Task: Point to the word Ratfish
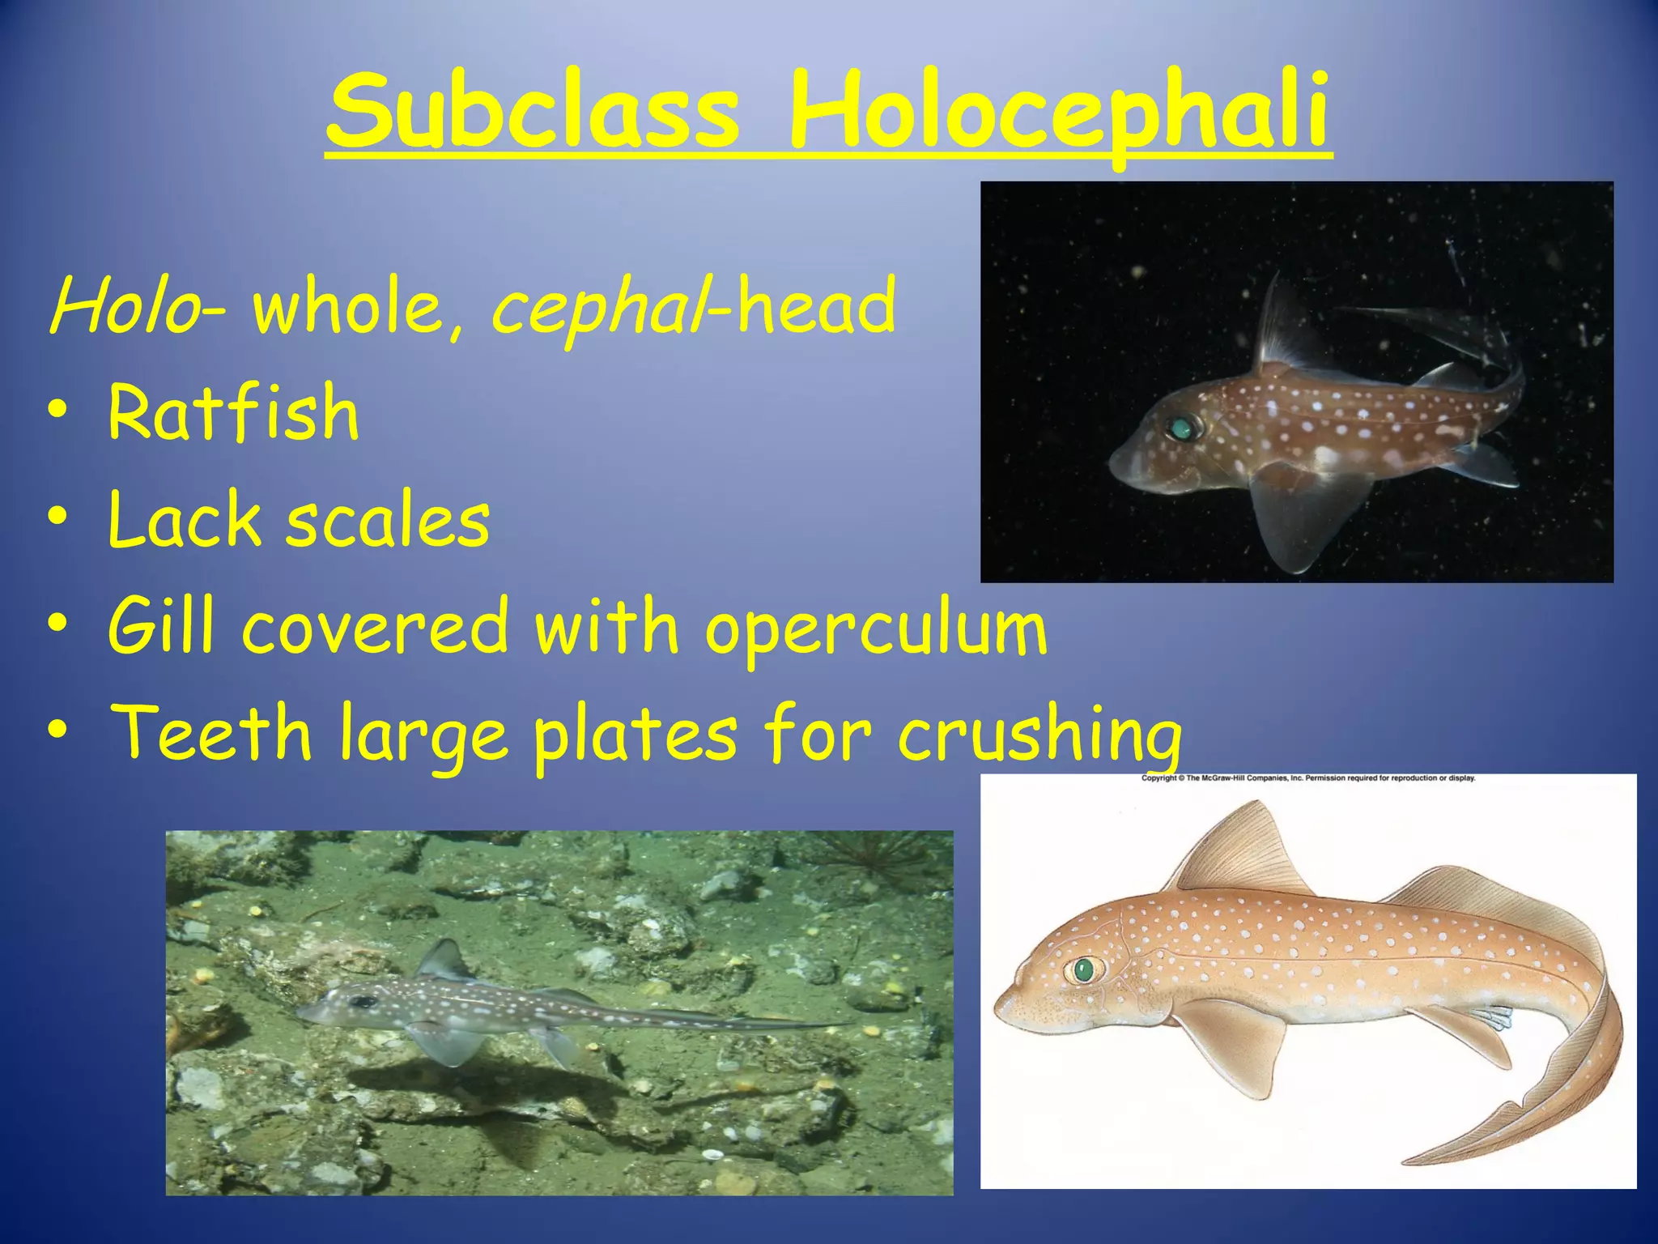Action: click(x=233, y=413)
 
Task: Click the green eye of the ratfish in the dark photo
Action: click(x=1181, y=428)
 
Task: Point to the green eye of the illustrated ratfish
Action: click(x=1083, y=969)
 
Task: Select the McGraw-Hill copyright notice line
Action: click(x=1307, y=778)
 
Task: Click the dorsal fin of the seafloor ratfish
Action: click(x=441, y=961)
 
